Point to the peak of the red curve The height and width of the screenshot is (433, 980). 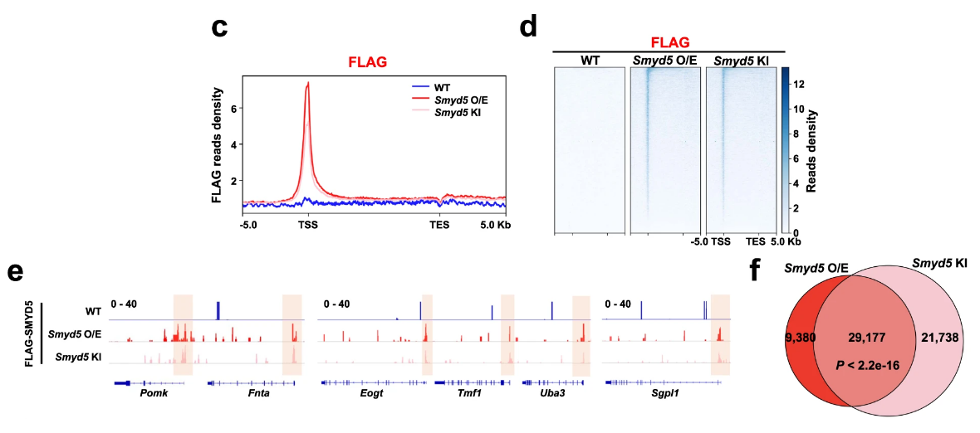(x=308, y=83)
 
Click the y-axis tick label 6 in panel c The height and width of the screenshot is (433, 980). (x=234, y=108)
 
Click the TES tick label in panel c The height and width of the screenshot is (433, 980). (x=439, y=224)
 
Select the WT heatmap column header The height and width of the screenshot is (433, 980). (x=590, y=60)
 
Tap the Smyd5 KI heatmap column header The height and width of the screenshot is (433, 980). (x=741, y=60)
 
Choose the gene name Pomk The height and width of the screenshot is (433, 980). (x=154, y=394)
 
